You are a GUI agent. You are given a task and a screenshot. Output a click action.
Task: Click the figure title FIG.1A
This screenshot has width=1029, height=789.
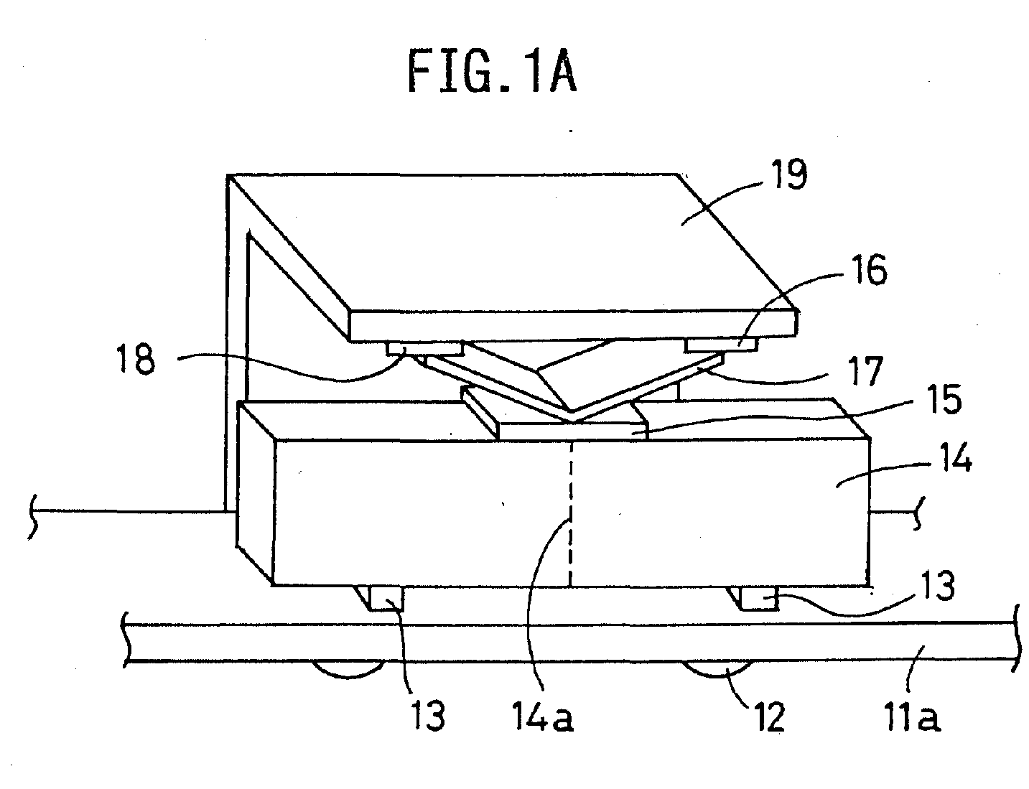coord(492,72)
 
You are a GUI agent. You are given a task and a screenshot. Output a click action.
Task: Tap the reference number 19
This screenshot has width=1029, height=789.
coord(789,174)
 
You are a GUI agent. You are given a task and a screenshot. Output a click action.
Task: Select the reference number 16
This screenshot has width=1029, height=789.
coord(869,269)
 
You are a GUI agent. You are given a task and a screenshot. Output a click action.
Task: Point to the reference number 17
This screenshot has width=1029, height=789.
coord(865,372)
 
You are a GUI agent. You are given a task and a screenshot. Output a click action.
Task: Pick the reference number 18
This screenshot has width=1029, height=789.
coord(136,359)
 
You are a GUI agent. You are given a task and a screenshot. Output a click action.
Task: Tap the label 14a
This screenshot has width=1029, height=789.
coord(543,716)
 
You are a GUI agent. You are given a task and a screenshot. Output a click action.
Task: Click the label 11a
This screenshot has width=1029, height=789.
coord(911,716)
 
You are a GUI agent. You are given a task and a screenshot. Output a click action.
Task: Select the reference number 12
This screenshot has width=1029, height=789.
coord(766,717)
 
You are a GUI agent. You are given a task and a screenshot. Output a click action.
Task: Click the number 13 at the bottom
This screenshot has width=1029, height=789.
coord(427,716)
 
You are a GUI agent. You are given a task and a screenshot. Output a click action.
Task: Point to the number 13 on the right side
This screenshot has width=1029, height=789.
coord(937,586)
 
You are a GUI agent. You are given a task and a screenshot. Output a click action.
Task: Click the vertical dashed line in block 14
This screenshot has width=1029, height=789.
coord(571,513)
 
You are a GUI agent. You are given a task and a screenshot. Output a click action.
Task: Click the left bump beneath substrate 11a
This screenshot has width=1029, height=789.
coord(348,669)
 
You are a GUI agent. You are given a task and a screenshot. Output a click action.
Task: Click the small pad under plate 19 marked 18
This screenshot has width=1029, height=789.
coord(425,348)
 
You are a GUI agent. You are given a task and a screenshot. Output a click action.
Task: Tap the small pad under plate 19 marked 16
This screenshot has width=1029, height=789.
coord(721,346)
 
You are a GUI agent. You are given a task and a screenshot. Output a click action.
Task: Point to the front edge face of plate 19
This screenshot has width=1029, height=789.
coord(574,325)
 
